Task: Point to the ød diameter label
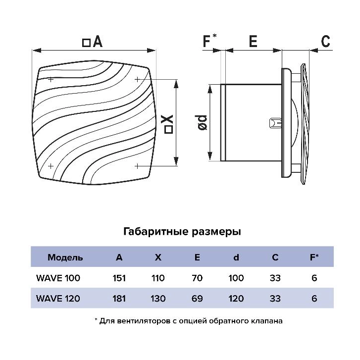tap(202, 122)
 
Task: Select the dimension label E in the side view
tap(253, 42)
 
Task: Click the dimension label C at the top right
tap(325, 42)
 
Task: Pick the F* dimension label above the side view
tap(209, 42)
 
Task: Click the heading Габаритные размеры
tap(181, 231)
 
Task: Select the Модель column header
tap(65, 257)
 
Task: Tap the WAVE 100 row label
tap(58, 278)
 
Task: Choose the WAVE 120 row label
tap(58, 298)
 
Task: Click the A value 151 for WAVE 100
tap(119, 278)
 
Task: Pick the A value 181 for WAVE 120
tap(119, 298)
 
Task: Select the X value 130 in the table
tap(157, 298)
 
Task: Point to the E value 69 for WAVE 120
tap(197, 298)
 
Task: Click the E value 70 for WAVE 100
tap(197, 278)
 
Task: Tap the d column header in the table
tap(236, 257)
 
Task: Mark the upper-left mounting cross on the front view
tap(51, 79)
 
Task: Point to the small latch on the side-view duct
tap(275, 122)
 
